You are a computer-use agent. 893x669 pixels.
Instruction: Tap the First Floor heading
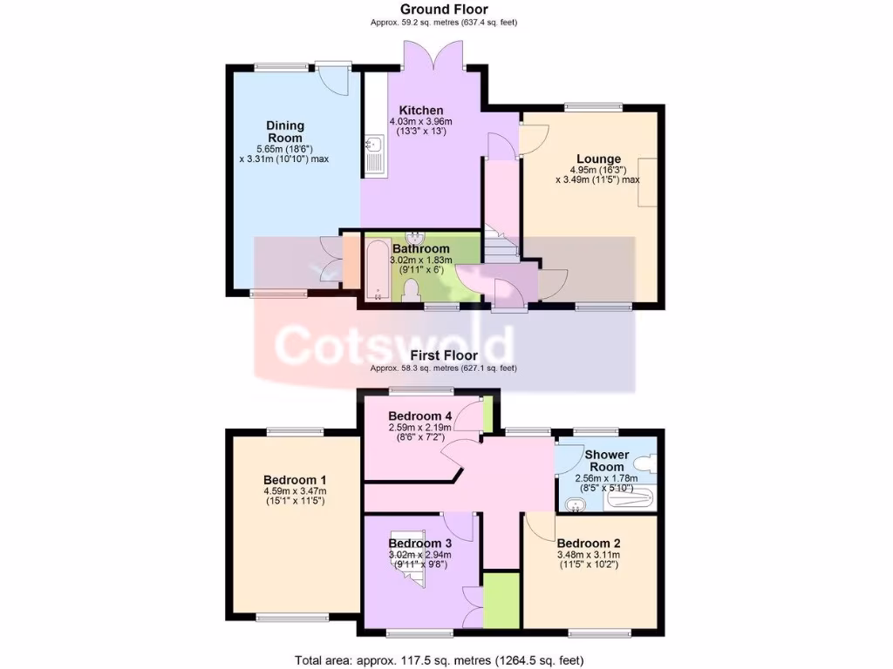(446, 355)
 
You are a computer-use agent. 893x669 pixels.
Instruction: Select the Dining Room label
(285, 132)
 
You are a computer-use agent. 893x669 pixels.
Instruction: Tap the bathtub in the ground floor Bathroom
(377, 271)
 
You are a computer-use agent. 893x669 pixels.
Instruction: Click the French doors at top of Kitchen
(434, 55)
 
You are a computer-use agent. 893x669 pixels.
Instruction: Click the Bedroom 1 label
(295, 480)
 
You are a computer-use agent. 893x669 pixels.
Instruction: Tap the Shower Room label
(607, 461)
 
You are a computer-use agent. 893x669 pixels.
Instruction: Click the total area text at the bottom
(440, 659)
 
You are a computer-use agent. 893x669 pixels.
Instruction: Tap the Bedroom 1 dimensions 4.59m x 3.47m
(295, 496)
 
